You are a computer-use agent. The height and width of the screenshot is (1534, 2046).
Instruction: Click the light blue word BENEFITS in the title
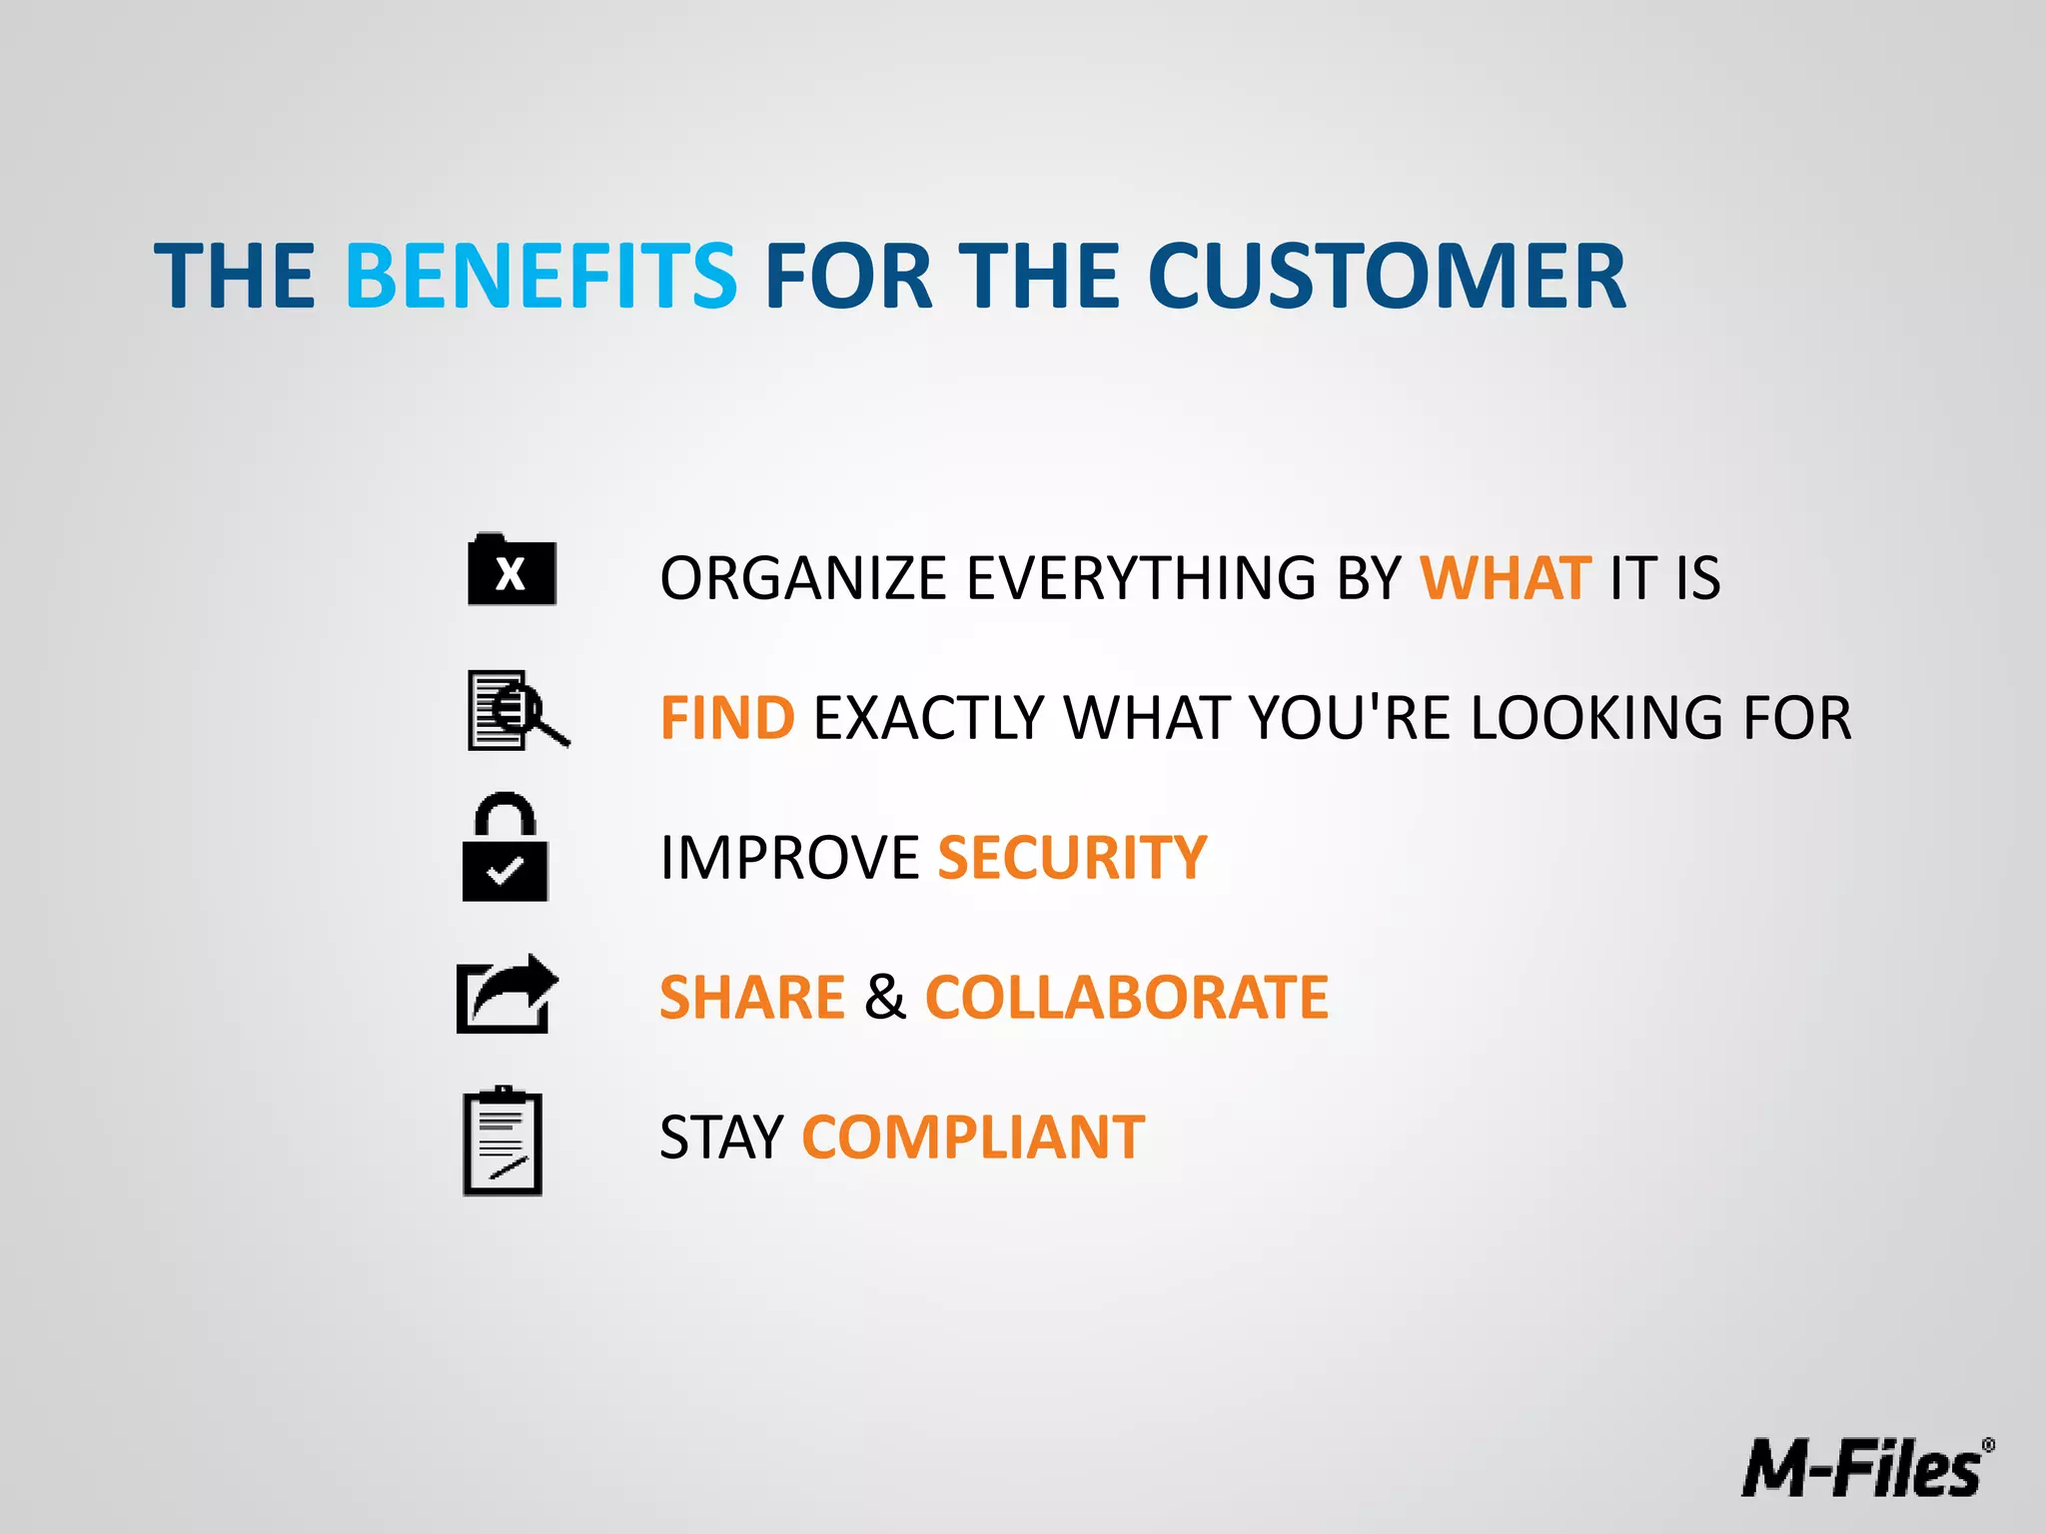click(540, 276)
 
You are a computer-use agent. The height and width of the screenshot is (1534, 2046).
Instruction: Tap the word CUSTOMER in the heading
click(1387, 276)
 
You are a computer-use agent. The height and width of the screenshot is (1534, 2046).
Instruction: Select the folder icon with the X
click(511, 571)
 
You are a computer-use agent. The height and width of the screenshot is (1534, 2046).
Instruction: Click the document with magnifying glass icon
click(515, 710)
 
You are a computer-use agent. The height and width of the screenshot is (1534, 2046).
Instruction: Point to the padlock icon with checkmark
click(505, 849)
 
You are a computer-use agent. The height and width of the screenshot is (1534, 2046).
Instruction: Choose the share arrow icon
click(507, 994)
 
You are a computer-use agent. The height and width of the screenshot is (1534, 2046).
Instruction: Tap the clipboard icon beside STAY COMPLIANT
click(503, 1142)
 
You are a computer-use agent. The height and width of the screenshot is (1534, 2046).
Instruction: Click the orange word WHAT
click(1505, 578)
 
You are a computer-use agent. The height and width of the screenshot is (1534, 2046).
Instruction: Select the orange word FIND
click(727, 718)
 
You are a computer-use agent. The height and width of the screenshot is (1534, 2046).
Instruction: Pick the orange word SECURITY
click(1072, 858)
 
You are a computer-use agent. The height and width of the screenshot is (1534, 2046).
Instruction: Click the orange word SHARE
click(752, 998)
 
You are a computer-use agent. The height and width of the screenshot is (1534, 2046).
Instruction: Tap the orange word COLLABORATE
click(1127, 998)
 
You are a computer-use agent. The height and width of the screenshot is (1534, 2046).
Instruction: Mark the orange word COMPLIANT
click(973, 1138)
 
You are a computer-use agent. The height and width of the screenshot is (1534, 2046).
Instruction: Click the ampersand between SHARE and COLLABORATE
click(885, 998)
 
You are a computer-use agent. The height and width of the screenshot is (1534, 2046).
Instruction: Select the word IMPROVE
click(789, 858)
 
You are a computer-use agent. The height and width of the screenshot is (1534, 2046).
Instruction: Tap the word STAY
click(721, 1138)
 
